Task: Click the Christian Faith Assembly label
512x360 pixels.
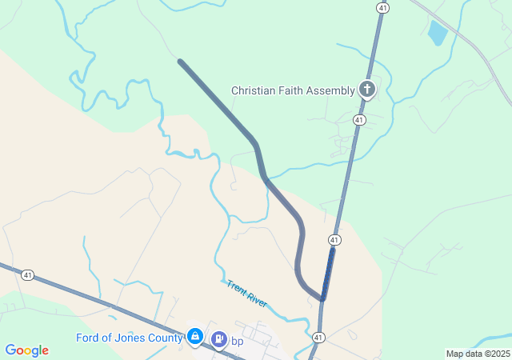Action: click(x=293, y=90)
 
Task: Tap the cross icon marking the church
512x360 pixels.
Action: click(x=367, y=89)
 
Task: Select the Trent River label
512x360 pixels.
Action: click(x=246, y=294)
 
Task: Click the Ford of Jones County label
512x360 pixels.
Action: click(x=128, y=338)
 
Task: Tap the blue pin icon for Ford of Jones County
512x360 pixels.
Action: click(x=194, y=337)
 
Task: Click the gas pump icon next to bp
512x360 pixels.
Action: click(x=218, y=339)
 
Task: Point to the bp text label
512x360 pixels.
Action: click(x=237, y=342)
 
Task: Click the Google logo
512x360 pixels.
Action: click(x=26, y=350)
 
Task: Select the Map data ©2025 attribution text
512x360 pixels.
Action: click(x=478, y=354)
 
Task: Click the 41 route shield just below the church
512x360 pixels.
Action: click(x=359, y=120)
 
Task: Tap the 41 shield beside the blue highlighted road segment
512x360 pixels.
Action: click(x=334, y=240)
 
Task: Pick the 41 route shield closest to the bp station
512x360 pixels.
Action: click(x=318, y=337)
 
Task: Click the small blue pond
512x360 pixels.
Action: click(x=438, y=33)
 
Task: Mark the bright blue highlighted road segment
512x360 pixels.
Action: click(x=328, y=272)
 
